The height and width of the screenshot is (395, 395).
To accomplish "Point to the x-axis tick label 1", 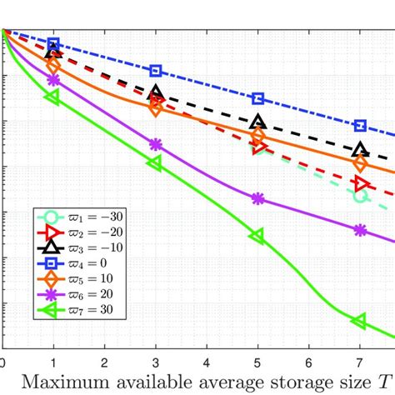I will [53, 363].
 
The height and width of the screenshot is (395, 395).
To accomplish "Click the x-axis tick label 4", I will [207, 363].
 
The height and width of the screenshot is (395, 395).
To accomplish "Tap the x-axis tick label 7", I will [360, 363].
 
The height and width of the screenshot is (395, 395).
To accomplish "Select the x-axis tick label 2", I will [104, 363].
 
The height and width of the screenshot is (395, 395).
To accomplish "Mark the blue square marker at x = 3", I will [156, 72].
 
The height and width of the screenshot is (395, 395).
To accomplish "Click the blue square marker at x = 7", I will [360, 125].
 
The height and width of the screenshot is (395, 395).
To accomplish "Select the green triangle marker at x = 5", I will [257, 236].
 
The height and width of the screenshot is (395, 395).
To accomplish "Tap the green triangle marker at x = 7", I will [359, 321].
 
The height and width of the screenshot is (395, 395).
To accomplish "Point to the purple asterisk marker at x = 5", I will [257, 198].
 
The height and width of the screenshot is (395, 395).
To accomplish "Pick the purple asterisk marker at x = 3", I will [156, 145].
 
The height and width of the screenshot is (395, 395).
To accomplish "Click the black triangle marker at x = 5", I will [257, 122].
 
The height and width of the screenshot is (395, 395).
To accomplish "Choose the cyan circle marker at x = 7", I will [360, 196].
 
